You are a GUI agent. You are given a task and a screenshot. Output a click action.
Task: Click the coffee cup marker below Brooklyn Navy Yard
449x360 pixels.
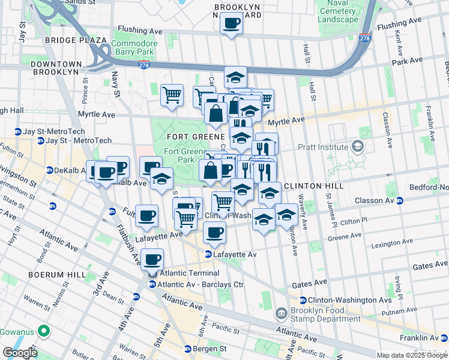click(x=231, y=25)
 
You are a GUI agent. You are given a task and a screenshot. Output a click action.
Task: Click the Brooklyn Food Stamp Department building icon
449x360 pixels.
click(x=281, y=314)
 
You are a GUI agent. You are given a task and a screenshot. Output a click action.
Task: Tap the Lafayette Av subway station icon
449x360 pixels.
click(x=209, y=254)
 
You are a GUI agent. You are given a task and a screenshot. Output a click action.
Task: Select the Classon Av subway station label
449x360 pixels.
click(x=426, y=200)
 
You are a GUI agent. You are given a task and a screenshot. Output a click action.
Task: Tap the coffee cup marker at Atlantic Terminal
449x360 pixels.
click(x=152, y=260)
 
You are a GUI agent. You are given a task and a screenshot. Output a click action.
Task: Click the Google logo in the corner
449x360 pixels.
click(x=20, y=353)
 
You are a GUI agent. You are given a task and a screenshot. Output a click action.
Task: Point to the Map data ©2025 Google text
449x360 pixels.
click(x=412, y=355)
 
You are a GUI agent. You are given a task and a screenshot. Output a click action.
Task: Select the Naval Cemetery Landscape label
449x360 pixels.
click(x=338, y=11)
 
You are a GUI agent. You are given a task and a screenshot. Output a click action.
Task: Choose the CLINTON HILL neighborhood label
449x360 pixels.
click(x=313, y=186)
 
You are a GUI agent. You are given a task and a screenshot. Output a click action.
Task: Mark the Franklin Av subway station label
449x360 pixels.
click(x=425, y=338)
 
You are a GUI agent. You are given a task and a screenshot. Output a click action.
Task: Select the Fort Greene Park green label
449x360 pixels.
click(x=179, y=155)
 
